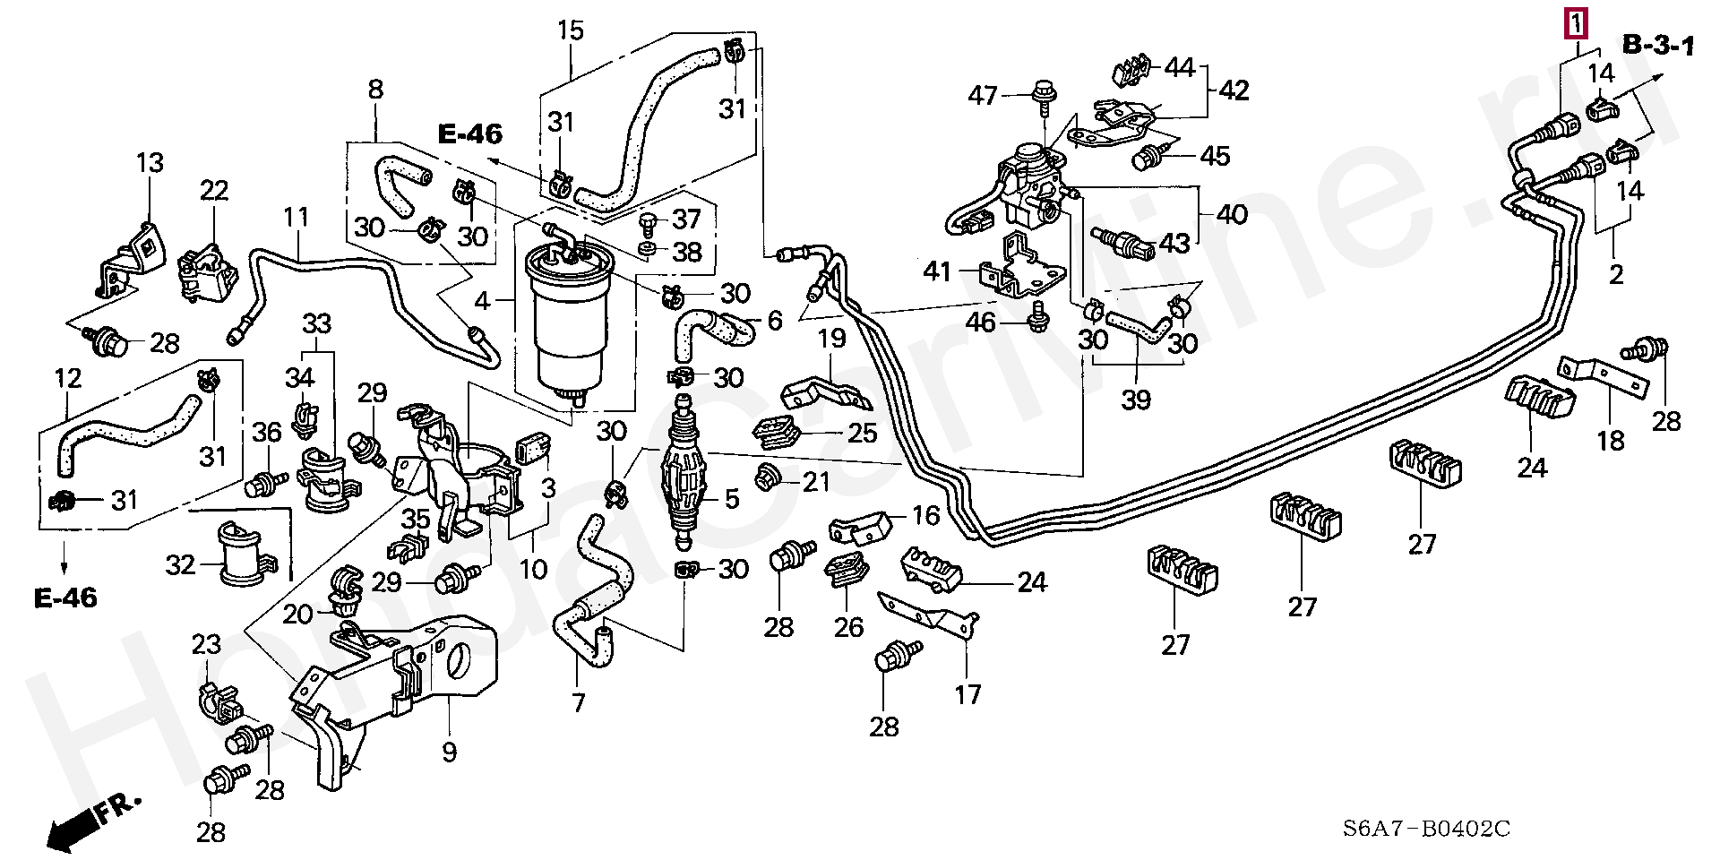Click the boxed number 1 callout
click(1576, 22)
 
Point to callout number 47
click(983, 95)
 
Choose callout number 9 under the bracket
click(449, 752)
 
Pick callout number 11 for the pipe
click(297, 218)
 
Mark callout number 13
click(150, 164)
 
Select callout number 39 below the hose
click(1136, 399)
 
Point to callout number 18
click(1611, 440)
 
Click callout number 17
click(967, 692)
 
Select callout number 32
click(180, 565)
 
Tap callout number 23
click(207, 644)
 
